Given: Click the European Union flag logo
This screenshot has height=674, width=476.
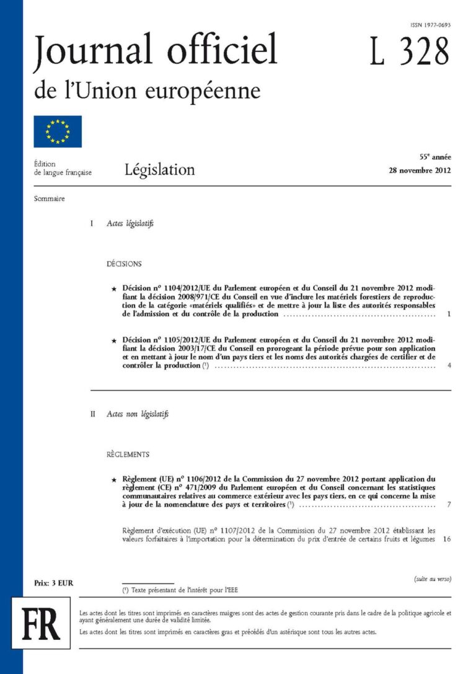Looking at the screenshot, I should pos(58,131).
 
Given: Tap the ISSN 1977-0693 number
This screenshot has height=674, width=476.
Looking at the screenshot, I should pos(430,25).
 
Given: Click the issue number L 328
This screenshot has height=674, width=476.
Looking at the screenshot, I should pos(409,51).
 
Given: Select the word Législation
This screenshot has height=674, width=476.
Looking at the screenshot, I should pos(159,169).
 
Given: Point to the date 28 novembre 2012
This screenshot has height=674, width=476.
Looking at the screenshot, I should pos(416,170).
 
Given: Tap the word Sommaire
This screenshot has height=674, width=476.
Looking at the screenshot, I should pos(50,199).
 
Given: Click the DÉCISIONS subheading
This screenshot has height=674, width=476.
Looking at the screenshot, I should pos(124,264).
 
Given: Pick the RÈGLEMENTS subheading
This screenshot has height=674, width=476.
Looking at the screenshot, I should pos(128,455).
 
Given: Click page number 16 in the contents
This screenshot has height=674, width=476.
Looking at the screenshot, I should pos(447,539).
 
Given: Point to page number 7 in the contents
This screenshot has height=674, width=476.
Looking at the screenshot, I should pos(448,506).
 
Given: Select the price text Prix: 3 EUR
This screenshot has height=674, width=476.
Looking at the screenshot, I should pos(53,583).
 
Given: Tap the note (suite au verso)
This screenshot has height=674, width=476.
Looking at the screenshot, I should pos(433,579).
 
